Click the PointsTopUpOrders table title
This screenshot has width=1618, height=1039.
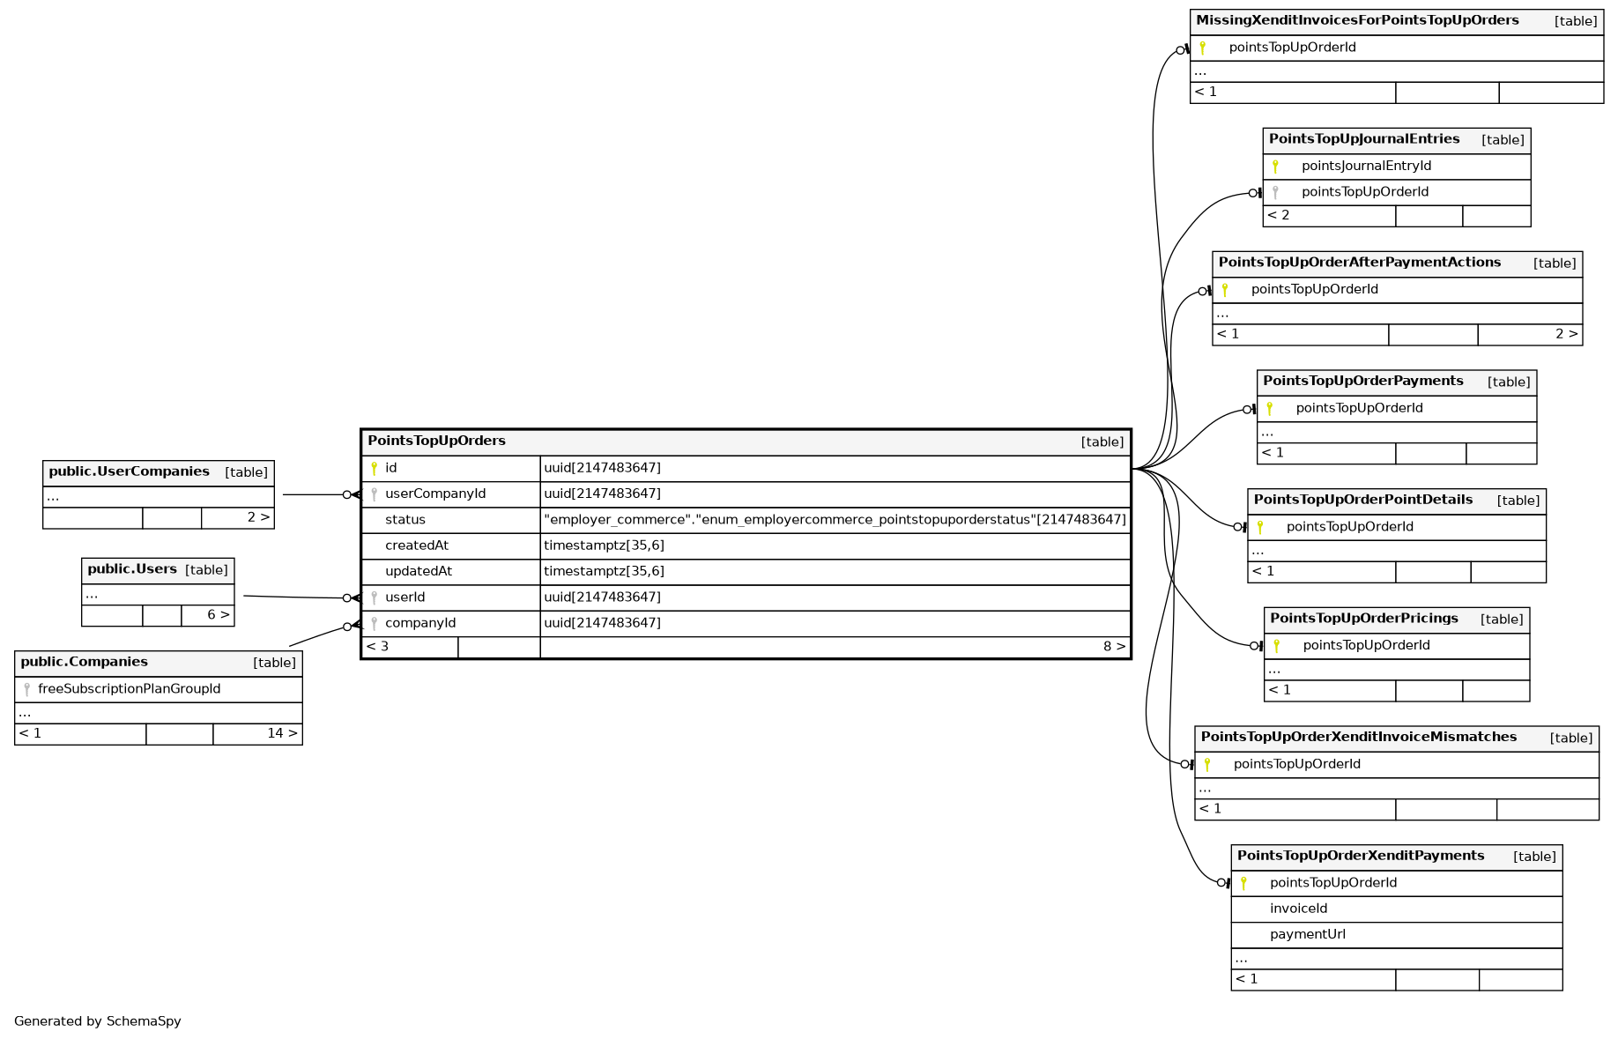coord(436,441)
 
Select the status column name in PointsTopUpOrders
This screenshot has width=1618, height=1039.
coord(404,520)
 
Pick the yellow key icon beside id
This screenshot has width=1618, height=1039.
coord(374,468)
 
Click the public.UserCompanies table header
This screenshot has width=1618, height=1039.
coord(129,471)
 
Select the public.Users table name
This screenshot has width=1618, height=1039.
coord(132,569)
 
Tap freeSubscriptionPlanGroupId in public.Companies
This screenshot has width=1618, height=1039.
coord(129,689)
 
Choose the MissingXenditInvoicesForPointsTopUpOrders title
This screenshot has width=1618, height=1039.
coord(1356,20)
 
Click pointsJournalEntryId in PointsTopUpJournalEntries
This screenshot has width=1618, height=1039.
coord(1366,166)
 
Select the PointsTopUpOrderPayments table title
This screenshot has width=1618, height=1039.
coord(1362,381)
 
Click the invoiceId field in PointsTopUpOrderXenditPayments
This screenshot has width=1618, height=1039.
coord(1298,909)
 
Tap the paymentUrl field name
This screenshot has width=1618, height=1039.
coord(1307,934)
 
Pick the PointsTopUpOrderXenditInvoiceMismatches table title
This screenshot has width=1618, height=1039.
coord(1358,737)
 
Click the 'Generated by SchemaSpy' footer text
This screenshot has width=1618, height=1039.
coord(98,1021)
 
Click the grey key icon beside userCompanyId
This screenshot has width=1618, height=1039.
coord(374,494)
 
